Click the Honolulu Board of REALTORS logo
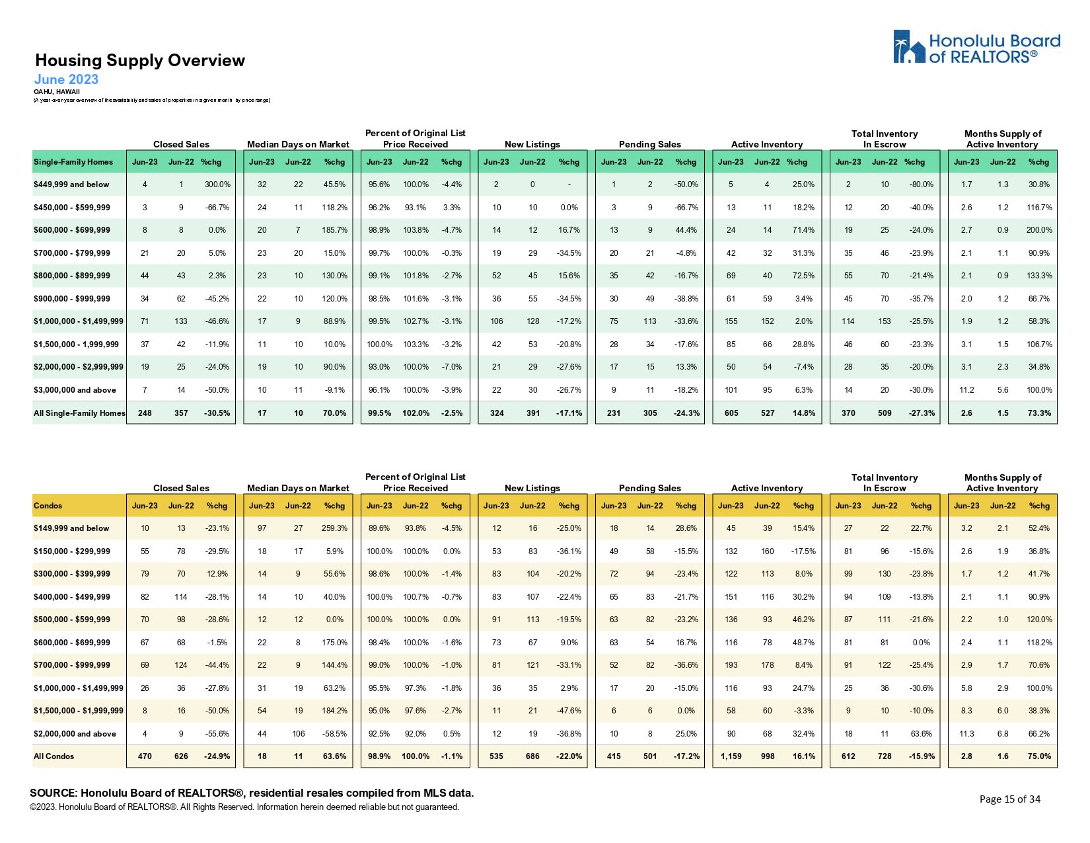coord(976,48)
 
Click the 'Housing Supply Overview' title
coord(140,61)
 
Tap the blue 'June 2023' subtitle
coord(66,79)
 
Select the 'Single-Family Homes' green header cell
coord(73,162)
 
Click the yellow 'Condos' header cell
coord(48,506)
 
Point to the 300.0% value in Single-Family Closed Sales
coord(217,184)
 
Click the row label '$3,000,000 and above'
coord(75,390)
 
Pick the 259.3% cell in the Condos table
coord(334,528)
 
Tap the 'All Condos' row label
coord(54,756)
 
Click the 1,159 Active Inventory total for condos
coord(731,756)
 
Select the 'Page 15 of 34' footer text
coord(1009,799)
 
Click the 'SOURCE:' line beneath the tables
coord(252,793)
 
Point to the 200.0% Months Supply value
coord(1039,230)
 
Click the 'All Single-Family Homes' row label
coord(79,413)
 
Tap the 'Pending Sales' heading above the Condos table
coord(649,488)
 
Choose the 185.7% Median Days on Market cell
coord(334,230)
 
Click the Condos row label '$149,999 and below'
coord(71,528)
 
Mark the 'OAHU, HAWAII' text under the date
coord(57,92)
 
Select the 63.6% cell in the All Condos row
coord(334,756)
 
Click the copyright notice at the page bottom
coord(244,807)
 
